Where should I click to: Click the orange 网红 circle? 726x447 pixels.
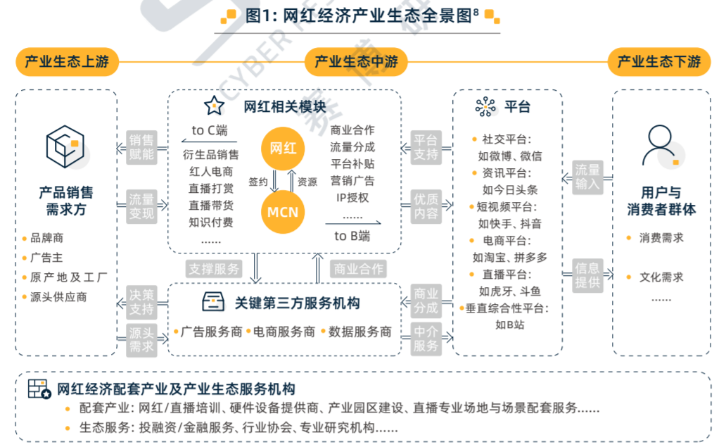(284, 149)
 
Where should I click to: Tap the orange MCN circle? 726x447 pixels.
(284, 211)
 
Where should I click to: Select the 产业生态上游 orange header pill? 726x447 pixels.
(67, 62)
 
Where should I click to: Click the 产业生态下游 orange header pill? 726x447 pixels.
(659, 62)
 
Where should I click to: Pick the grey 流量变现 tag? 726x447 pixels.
(141, 206)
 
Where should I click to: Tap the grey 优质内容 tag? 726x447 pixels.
(426, 206)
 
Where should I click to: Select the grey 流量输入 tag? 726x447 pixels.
(587, 177)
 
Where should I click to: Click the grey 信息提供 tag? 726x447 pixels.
(587, 275)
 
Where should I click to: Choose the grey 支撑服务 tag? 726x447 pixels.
(215, 269)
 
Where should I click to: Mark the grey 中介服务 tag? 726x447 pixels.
(426, 339)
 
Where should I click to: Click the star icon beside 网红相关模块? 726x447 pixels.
(214, 106)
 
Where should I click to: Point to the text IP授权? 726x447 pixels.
(352, 198)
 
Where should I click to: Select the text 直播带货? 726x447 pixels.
(210, 206)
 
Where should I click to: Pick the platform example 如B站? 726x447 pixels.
(509, 325)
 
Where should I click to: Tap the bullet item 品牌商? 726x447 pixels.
(47, 239)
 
